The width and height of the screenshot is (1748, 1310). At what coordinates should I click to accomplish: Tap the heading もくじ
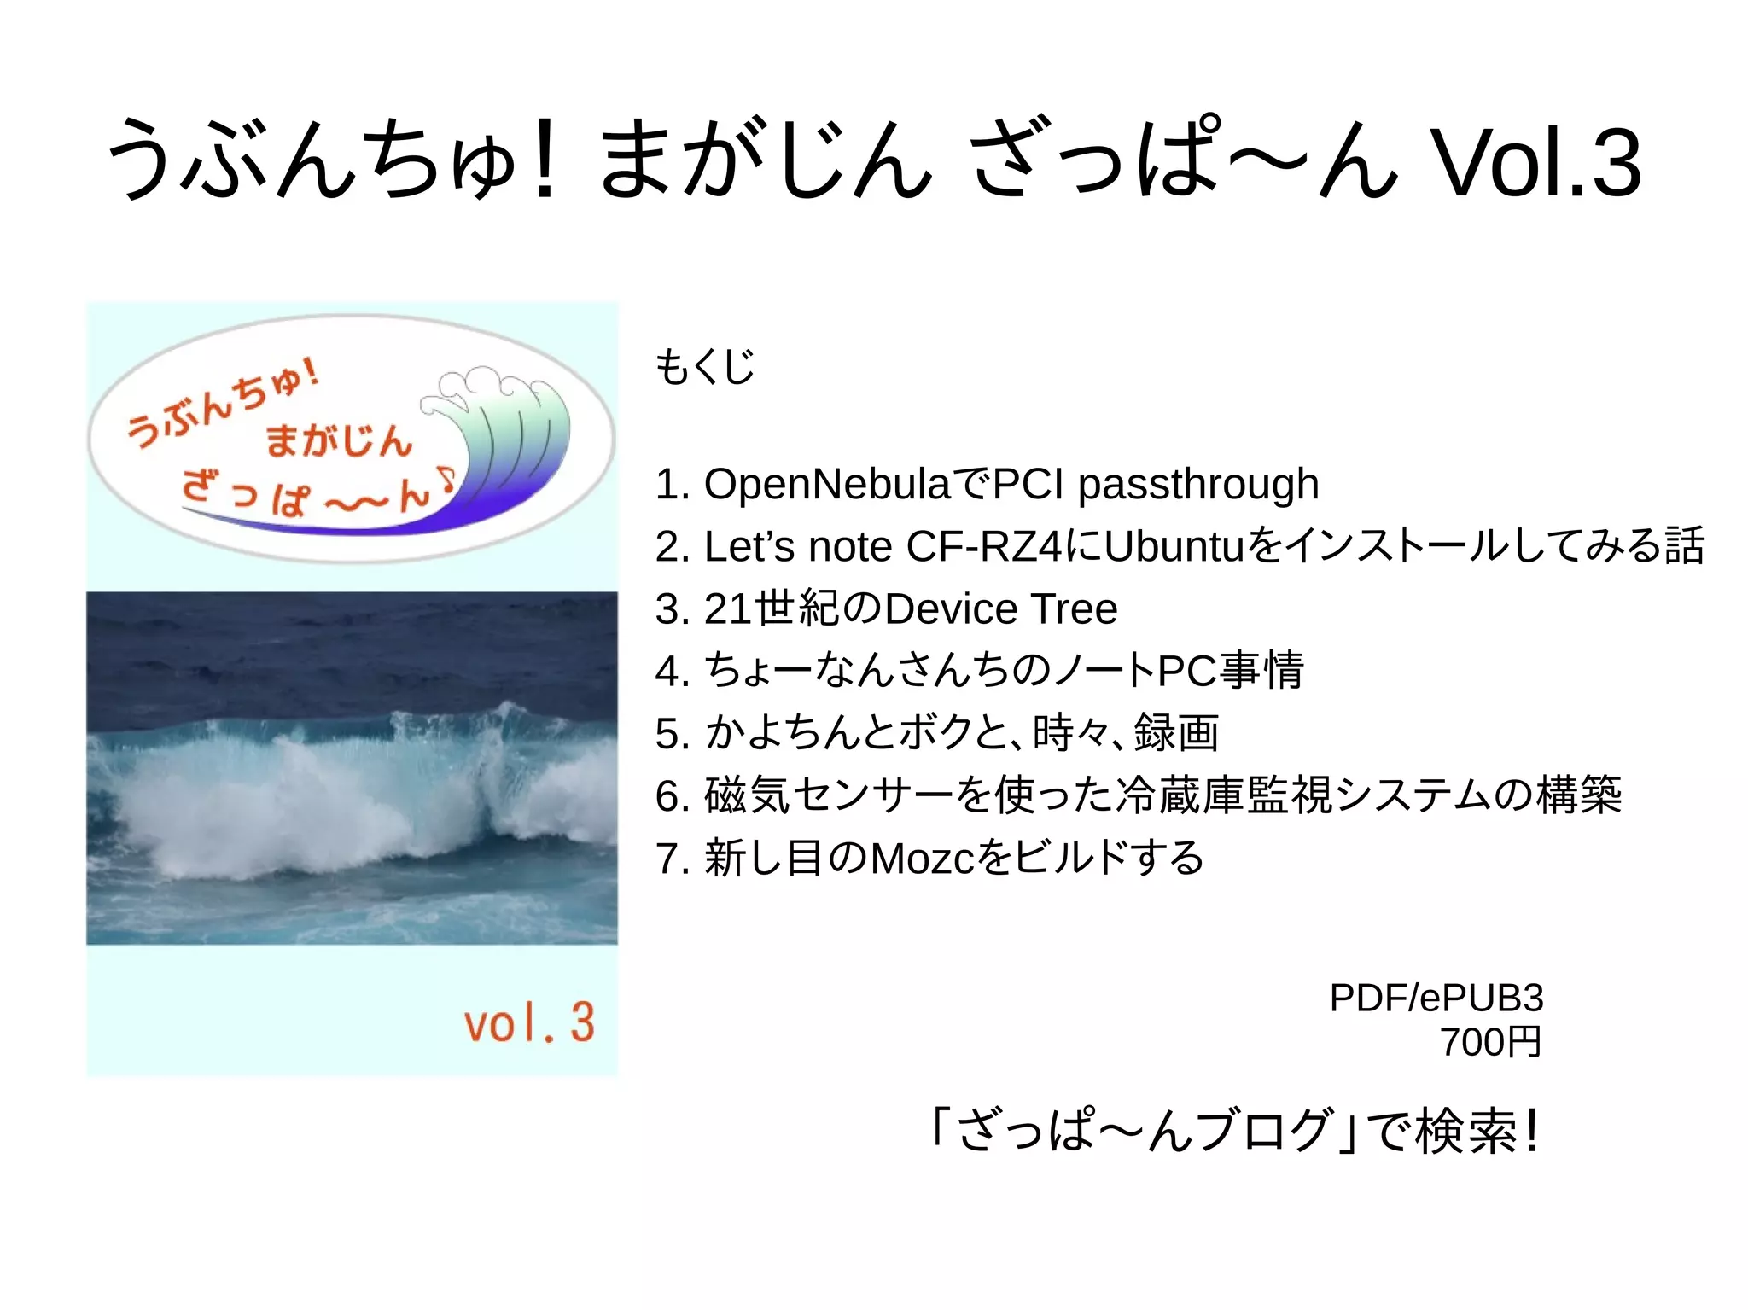pyautogui.click(x=705, y=367)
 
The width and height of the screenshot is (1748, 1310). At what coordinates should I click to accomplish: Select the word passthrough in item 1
pyautogui.click(x=1198, y=484)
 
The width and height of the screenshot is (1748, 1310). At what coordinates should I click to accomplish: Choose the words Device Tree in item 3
pyautogui.click(x=1000, y=609)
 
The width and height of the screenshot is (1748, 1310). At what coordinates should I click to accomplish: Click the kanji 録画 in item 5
pyautogui.click(x=1176, y=733)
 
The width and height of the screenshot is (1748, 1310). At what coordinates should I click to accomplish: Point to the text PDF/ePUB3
pyautogui.click(x=1436, y=998)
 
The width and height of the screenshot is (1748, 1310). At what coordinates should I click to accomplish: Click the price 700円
pyautogui.click(x=1490, y=1042)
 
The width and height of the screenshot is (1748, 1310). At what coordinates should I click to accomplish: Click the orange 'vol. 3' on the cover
pyautogui.click(x=529, y=1022)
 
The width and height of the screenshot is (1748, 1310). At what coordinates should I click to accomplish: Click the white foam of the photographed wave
pyautogui.click(x=282, y=802)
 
